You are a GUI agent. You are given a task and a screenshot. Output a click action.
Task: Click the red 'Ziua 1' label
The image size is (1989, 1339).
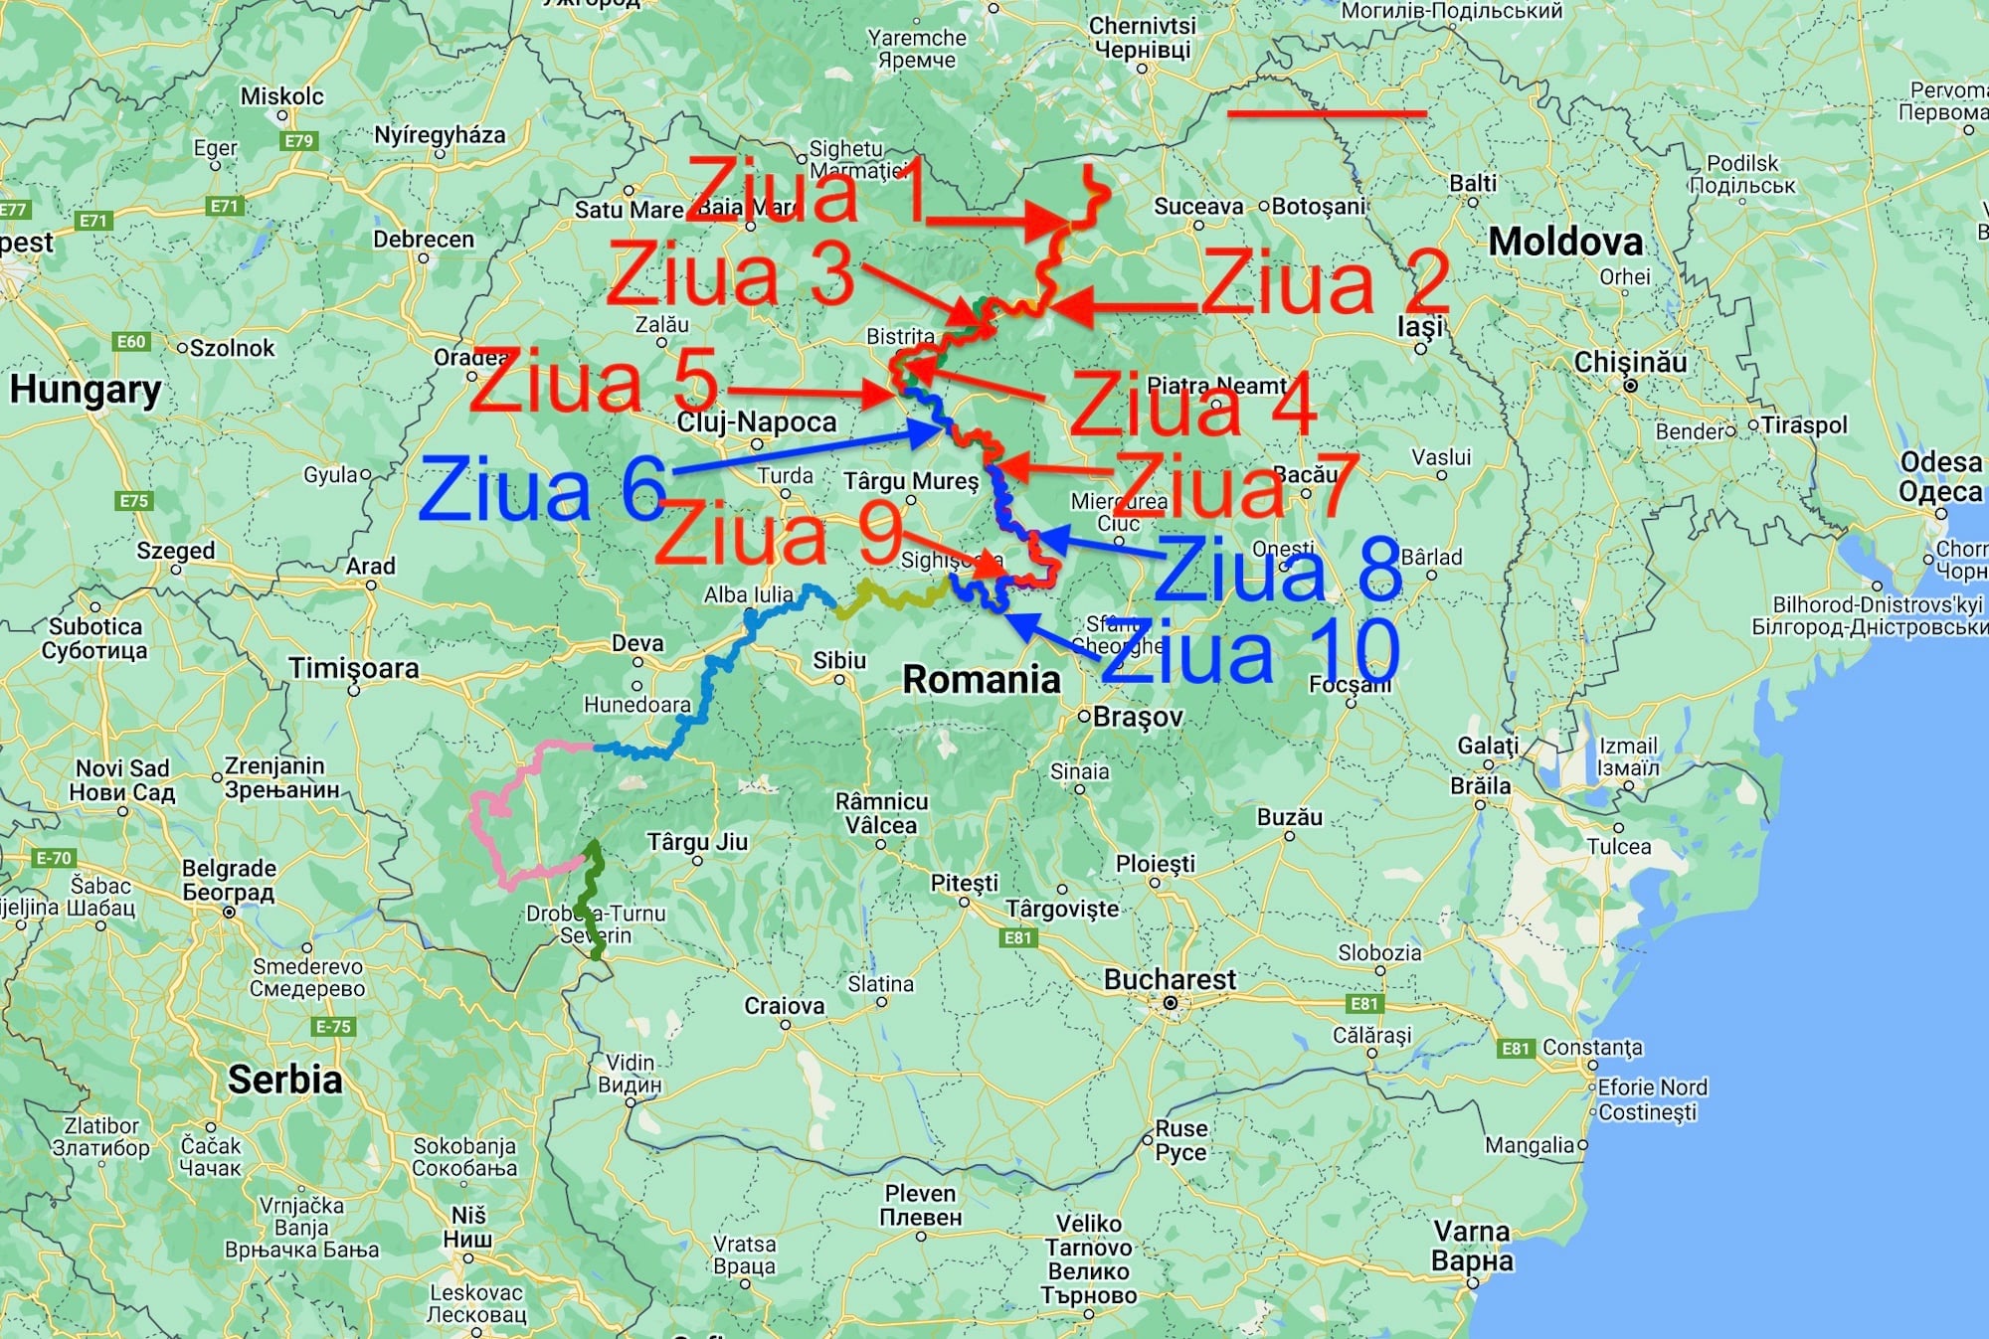click(806, 191)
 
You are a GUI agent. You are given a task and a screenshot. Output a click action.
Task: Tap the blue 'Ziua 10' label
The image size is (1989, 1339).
click(1251, 651)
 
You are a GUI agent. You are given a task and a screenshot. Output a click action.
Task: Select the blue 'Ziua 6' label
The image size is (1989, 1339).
click(543, 489)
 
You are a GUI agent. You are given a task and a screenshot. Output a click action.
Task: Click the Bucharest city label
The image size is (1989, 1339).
click(1170, 980)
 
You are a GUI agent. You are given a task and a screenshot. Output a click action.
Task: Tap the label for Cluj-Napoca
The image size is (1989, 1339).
click(757, 422)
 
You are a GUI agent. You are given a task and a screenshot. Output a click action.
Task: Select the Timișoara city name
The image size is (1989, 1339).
click(354, 668)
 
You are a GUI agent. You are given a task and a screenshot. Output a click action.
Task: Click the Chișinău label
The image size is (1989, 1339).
click(1630, 362)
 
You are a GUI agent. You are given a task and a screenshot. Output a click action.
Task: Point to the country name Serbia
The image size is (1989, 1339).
click(284, 1080)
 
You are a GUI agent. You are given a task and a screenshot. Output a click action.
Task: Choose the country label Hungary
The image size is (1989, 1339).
click(86, 390)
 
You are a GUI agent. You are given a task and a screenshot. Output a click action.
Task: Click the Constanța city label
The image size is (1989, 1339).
click(1592, 1048)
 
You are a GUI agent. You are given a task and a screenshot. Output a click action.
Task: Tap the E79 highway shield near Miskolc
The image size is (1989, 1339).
click(298, 141)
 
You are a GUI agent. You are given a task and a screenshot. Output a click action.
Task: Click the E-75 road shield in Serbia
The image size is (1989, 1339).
click(333, 1027)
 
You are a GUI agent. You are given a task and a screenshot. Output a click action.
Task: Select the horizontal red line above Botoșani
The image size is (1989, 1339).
click(1327, 114)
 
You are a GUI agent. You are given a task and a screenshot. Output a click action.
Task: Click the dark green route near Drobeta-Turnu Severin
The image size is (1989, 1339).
click(592, 900)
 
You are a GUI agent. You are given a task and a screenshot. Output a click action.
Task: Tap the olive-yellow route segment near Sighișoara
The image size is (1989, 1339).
click(890, 599)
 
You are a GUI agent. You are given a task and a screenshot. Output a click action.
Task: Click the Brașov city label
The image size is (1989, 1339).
click(1137, 717)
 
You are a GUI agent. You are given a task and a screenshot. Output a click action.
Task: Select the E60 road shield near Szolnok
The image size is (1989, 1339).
click(131, 342)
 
